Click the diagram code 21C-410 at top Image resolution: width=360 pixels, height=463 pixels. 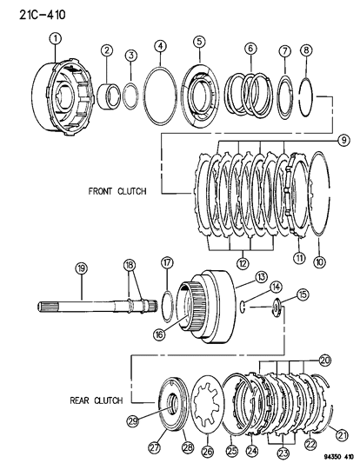click(x=43, y=15)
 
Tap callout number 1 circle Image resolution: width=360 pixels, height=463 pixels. click(x=56, y=39)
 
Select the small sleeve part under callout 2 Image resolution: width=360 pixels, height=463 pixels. click(x=109, y=96)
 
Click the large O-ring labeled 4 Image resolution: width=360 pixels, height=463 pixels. click(x=160, y=96)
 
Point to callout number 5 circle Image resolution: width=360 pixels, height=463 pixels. click(x=199, y=42)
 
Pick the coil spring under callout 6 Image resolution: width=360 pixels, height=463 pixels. click(x=249, y=94)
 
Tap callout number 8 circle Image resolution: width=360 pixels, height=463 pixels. click(x=306, y=50)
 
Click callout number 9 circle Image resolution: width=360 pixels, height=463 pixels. click(x=343, y=140)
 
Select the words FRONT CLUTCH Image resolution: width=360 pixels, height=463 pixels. click(x=117, y=191)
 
